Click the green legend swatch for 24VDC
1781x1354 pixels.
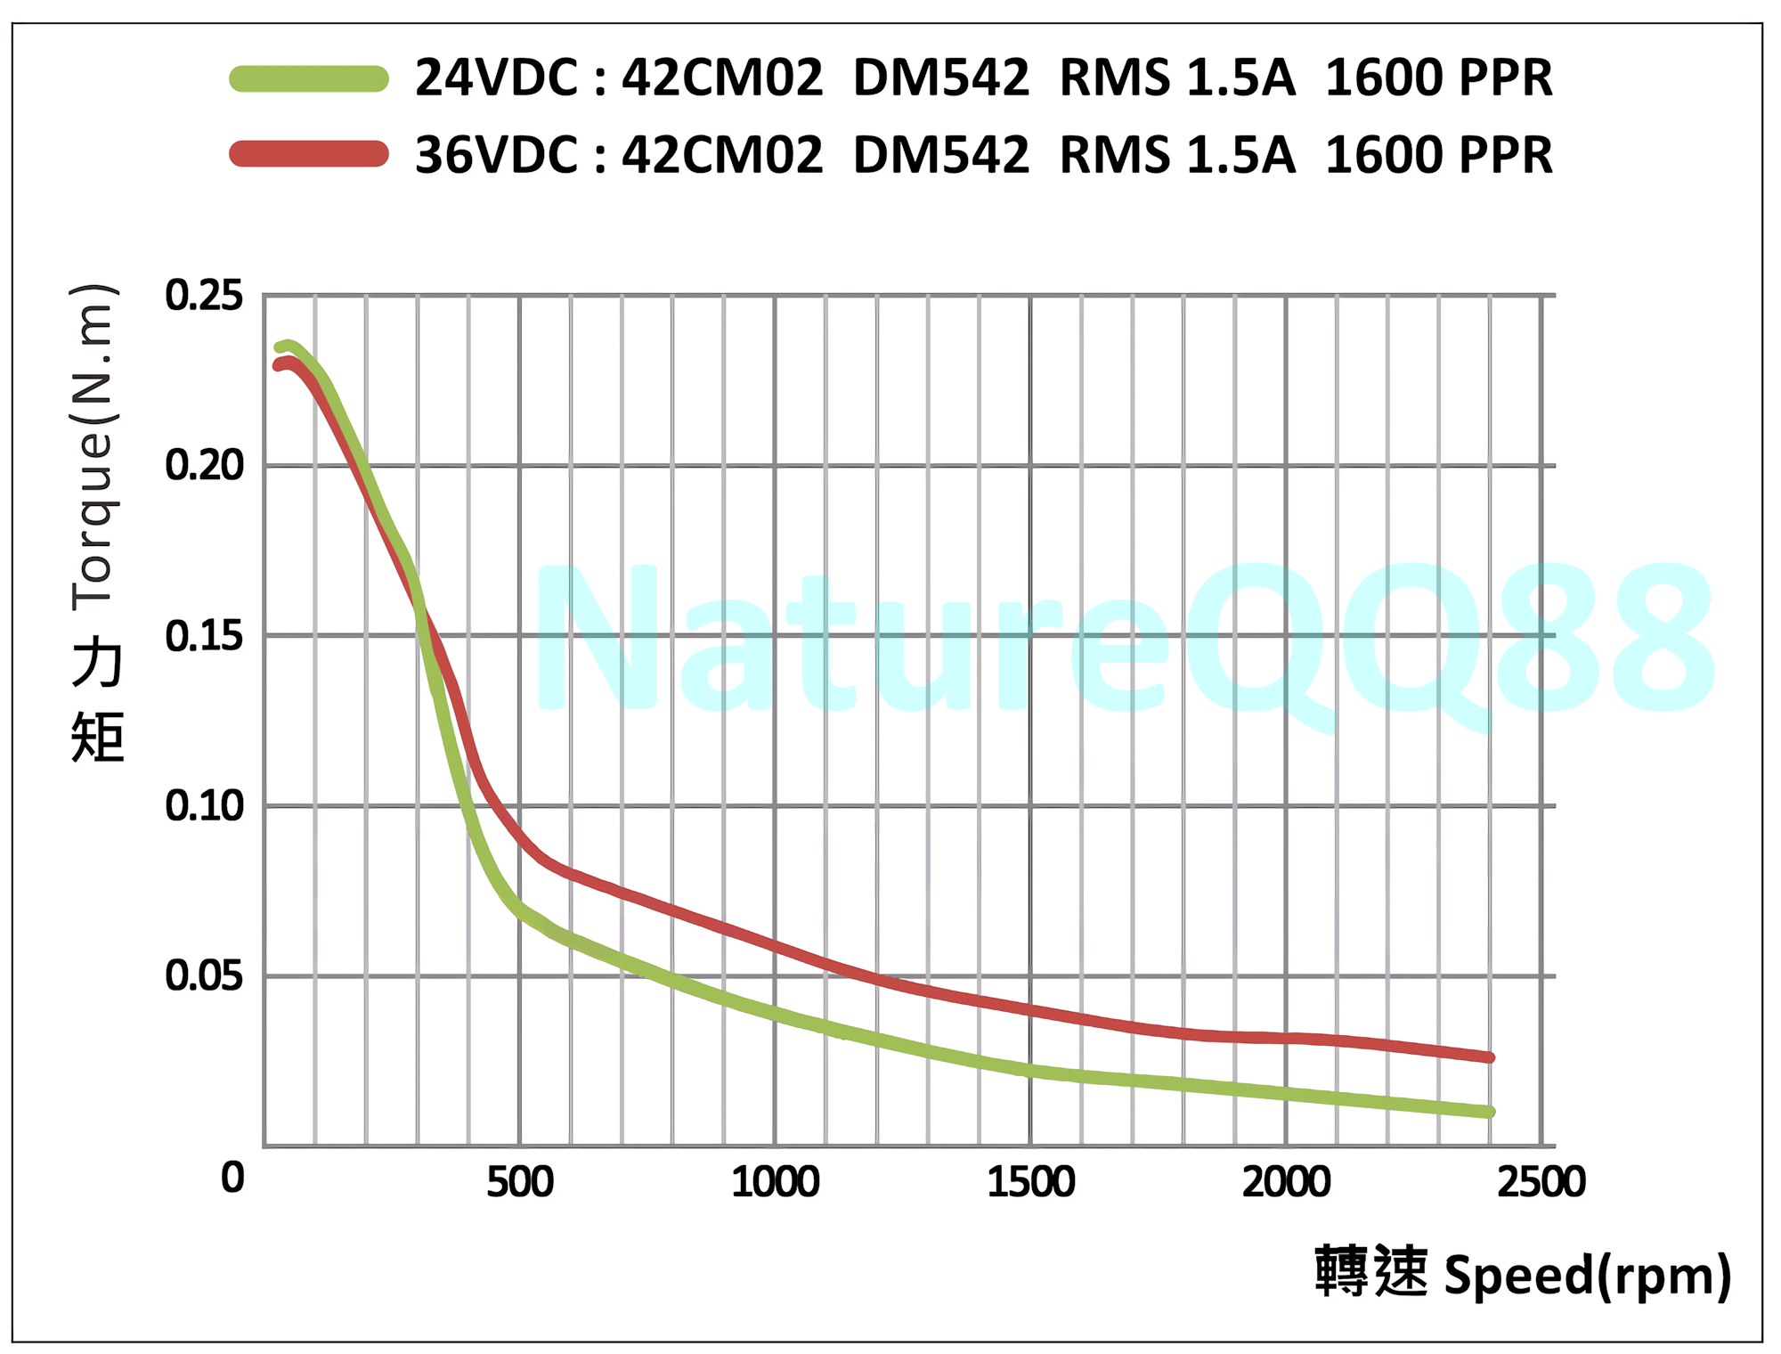point(309,78)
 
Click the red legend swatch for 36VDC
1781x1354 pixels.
point(309,154)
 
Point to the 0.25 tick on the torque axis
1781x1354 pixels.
point(204,295)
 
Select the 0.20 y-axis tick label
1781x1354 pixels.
point(204,465)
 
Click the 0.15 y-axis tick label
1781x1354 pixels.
point(204,636)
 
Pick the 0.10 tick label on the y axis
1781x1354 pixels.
point(204,805)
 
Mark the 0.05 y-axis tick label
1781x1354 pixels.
point(204,976)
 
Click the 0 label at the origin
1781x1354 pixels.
point(232,1178)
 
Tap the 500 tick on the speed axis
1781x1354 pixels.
point(520,1182)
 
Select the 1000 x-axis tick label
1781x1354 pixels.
point(775,1182)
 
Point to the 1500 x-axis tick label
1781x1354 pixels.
point(1030,1182)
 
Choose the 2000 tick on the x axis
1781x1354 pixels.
point(1286,1182)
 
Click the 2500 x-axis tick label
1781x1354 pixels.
point(1541,1182)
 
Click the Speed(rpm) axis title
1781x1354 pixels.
point(1587,1276)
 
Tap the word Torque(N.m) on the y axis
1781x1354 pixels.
point(94,447)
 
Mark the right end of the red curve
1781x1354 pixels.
point(1490,1057)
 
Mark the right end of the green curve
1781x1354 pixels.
point(1490,1112)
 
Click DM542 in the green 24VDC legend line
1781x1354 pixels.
point(941,78)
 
